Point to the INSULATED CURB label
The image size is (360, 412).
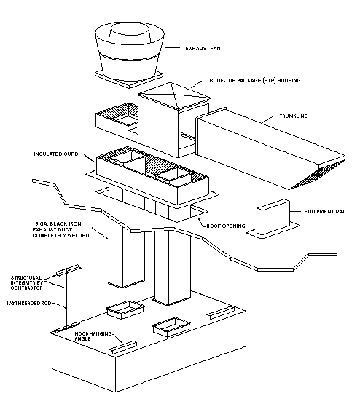55,155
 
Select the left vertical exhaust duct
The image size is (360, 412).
122,255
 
